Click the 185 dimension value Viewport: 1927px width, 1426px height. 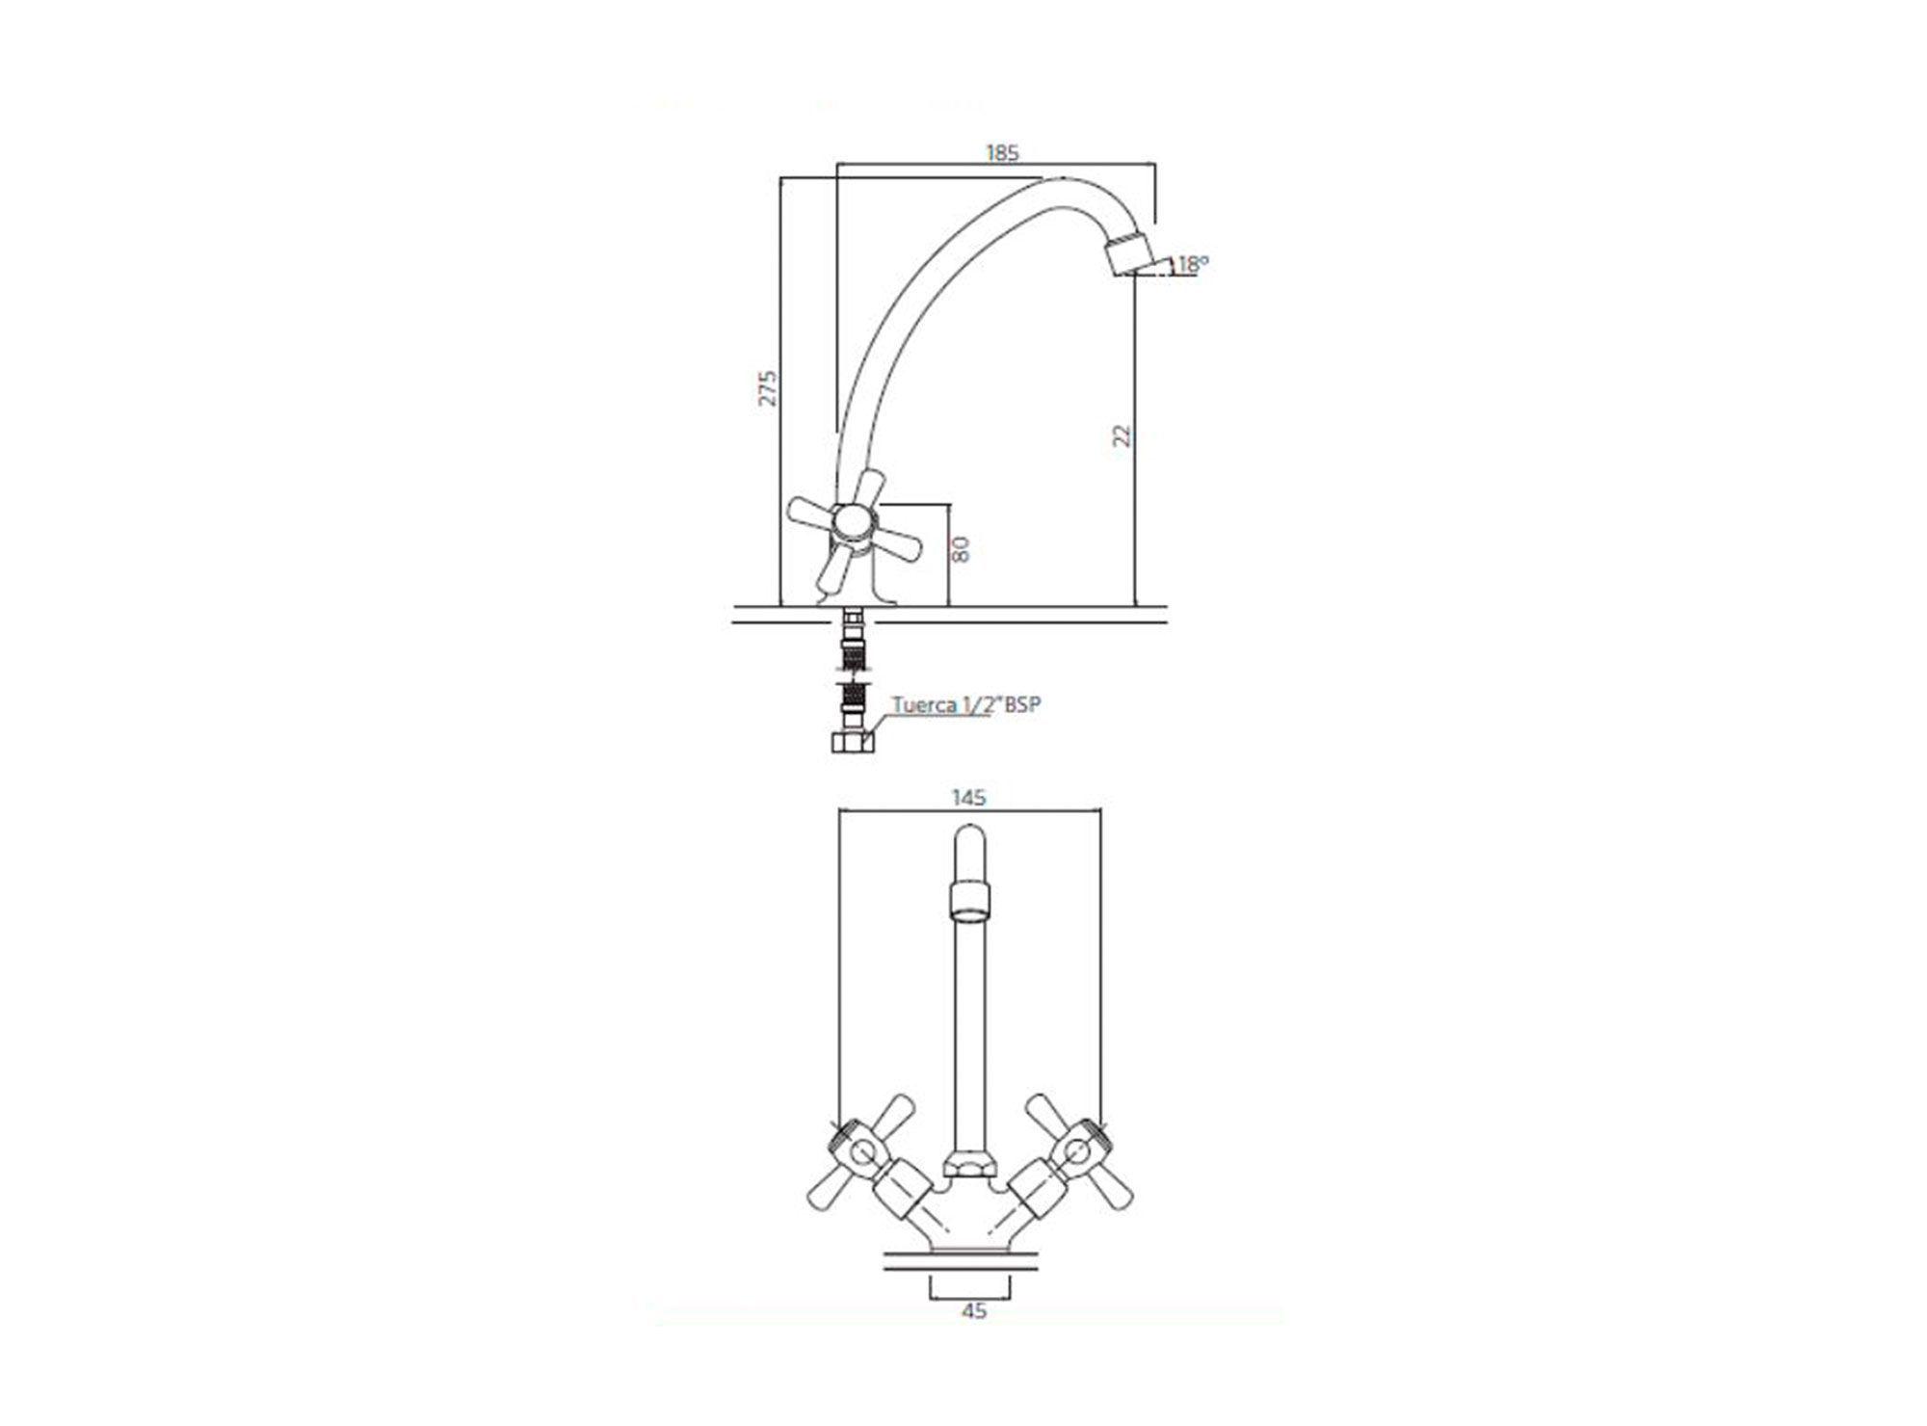coord(1001,152)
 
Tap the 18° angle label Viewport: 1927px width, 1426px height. coord(1193,262)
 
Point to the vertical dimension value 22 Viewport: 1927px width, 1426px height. coord(1122,436)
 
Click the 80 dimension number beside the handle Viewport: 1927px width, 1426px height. coord(960,549)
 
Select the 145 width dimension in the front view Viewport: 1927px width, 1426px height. coord(968,798)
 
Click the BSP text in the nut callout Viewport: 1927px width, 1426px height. coord(1021,704)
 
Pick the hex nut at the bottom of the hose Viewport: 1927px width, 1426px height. coord(854,742)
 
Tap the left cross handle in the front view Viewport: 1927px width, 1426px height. coord(858,1152)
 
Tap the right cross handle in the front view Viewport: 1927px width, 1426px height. coord(1076,1152)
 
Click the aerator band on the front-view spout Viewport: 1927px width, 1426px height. coord(968,900)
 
